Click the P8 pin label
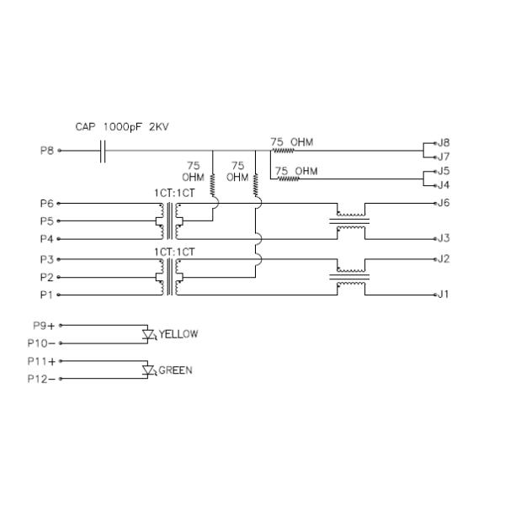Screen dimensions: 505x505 [46, 151]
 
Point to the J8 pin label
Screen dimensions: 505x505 [444, 143]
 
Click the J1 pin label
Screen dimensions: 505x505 [444, 295]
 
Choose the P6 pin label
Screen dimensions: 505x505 [46, 204]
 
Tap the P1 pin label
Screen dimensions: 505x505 [46, 295]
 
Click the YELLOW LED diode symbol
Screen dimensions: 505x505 [151, 334]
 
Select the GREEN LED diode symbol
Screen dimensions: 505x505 [150, 369]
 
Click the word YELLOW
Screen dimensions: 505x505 [178, 334]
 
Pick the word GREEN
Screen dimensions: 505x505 [175, 369]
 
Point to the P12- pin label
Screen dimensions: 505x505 [42, 379]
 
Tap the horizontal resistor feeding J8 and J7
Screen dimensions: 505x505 [282, 151]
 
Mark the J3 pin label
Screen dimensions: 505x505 [444, 239]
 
